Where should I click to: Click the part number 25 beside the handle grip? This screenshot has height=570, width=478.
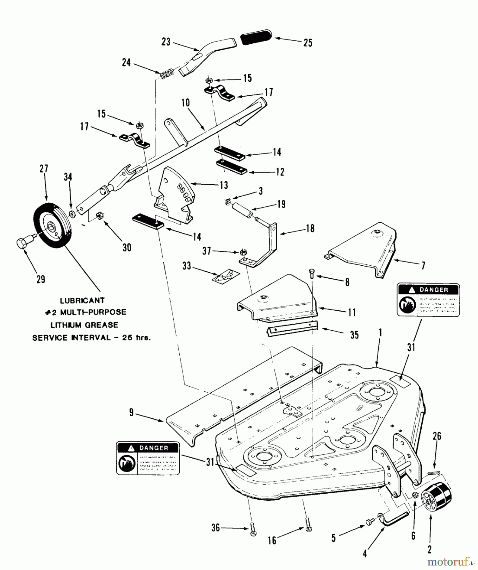pos(307,43)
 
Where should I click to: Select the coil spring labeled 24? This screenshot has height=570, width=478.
pos(167,75)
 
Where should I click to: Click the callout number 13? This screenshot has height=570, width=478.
pos(224,185)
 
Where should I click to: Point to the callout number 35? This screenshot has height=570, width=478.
pos(354,335)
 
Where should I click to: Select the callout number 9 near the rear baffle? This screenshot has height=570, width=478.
pos(131,413)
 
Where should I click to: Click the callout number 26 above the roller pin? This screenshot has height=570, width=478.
pos(437,436)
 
